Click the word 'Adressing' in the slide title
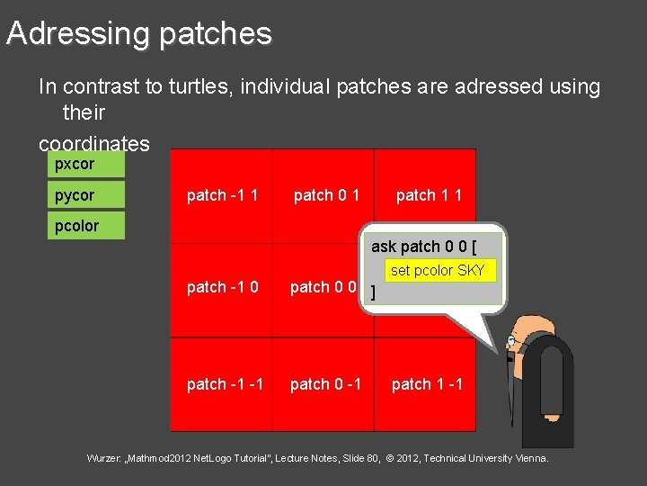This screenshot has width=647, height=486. point(77,33)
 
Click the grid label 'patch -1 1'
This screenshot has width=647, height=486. point(222,195)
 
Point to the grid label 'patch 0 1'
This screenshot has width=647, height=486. point(327,195)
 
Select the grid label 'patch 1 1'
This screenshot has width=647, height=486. point(429,195)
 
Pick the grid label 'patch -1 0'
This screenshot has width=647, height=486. point(222,287)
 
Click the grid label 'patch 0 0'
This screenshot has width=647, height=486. point(323,287)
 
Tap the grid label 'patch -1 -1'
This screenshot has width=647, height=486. point(225,384)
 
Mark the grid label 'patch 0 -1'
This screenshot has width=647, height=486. point(324,384)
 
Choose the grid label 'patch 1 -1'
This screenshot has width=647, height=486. point(427,384)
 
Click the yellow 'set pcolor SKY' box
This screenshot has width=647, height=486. point(438,270)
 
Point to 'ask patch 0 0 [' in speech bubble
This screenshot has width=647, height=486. point(423,247)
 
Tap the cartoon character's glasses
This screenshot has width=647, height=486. point(512,342)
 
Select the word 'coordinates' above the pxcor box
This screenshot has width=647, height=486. point(93,144)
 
